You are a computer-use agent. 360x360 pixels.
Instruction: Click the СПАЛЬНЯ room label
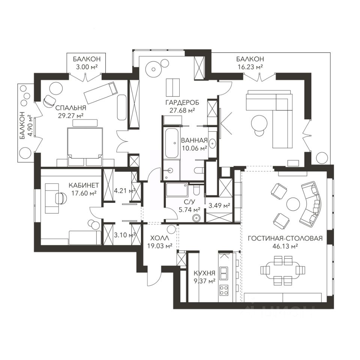coord(71,108)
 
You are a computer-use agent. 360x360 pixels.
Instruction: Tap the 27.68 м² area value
coord(182,110)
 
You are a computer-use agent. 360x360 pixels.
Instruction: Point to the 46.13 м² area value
coord(285,246)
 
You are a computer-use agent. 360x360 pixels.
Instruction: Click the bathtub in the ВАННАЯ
coord(171,143)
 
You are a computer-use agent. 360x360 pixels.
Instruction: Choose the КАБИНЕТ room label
coord(84,185)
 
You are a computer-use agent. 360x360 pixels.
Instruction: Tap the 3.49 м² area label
coord(219,205)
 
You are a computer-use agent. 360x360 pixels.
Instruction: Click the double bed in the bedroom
coord(85,143)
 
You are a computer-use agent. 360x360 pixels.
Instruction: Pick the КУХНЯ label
coord(205,273)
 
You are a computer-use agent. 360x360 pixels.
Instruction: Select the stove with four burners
coord(223,290)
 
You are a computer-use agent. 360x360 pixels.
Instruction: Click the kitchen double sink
coord(223,273)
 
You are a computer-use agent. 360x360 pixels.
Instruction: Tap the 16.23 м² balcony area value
coord(250,67)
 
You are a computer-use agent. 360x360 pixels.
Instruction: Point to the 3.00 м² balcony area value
coord(87,67)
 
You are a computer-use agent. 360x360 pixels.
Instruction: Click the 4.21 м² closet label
coord(125,191)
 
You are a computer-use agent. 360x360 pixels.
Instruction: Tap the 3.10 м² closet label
coord(125,235)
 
